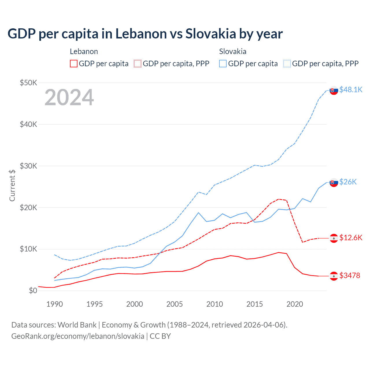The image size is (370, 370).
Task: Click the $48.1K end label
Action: tap(351, 90)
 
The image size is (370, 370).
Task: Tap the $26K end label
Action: tap(348, 182)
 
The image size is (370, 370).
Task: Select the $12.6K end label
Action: tap(351, 238)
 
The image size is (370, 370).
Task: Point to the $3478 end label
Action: tap(350, 275)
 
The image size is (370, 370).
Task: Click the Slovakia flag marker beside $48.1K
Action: tap(334, 90)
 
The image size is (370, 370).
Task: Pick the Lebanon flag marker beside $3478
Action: tap(334, 276)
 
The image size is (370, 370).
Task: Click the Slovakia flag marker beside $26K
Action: tap(334, 182)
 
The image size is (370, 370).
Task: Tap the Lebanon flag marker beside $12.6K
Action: tap(334, 238)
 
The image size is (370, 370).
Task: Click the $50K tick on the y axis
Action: tap(29, 83)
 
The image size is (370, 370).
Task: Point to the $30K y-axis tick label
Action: tap(29, 166)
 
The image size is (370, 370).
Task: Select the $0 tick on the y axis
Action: tap(33, 291)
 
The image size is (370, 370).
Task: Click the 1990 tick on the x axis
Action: tap(55, 304)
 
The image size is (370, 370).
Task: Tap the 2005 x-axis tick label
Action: tap(175, 304)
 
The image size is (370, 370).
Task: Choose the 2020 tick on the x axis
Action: tap(295, 304)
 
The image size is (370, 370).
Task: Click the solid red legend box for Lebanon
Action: tap(74, 64)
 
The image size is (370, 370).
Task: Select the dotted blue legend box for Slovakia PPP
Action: tap(287, 64)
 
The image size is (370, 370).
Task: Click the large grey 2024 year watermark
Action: tap(69, 97)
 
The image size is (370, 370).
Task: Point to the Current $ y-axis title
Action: tap(12, 185)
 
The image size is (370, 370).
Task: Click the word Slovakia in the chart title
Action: tap(211, 34)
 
